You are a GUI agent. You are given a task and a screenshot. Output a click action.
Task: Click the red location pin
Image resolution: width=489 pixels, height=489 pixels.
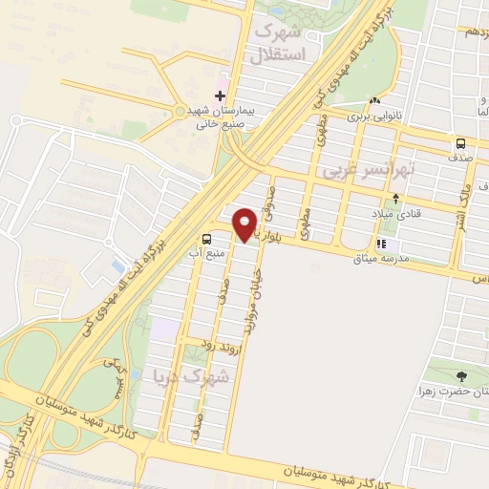(244, 223)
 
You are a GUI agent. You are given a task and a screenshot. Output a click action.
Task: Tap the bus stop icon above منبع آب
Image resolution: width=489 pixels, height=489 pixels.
(207, 239)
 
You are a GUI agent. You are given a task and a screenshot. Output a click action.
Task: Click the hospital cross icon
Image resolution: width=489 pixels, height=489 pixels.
(221, 96)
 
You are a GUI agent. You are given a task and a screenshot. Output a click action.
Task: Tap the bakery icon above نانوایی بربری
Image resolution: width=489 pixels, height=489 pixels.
(375, 99)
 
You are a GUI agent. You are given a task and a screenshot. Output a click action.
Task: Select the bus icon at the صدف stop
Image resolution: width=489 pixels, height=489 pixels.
(460, 144)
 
